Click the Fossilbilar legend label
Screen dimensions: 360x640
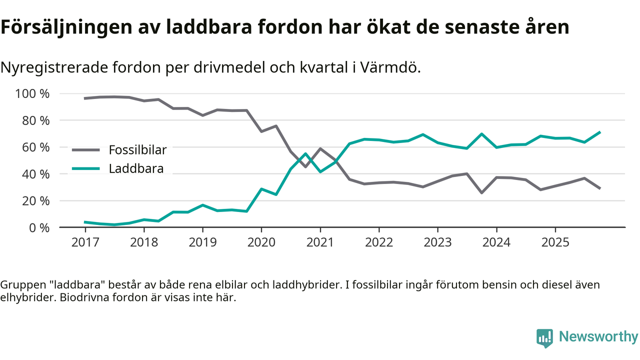click(x=137, y=149)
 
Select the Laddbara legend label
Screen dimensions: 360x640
click(x=136, y=168)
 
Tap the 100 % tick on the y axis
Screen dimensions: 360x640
click(x=33, y=93)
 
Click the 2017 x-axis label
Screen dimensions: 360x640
click(x=85, y=242)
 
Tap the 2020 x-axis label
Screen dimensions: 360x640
click(x=261, y=242)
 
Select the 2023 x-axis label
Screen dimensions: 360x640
click(x=437, y=242)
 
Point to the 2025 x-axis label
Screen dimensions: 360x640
click(x=555, y=242)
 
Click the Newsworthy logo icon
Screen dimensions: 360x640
click(x=544, y=337)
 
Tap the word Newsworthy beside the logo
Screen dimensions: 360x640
click(x=598, y=336)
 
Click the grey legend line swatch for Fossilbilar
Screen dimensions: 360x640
click(x=87, y=149)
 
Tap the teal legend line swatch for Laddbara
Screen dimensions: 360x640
click(x=87, y=168)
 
